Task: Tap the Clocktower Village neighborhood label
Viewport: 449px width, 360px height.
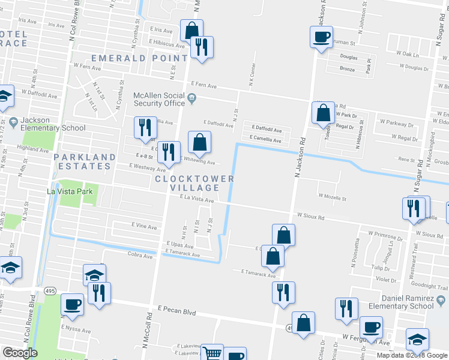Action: click(193, 183)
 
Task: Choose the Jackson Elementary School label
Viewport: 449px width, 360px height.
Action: click(53, 124)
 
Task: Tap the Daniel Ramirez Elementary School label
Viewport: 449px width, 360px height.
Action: click(405, 302)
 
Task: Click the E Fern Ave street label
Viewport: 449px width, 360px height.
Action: click(203, 86)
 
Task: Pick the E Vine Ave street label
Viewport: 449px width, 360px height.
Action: click(144, 227)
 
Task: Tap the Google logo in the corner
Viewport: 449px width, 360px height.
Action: click(20, 353)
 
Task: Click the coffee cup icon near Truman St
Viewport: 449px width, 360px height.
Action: click(320, 37)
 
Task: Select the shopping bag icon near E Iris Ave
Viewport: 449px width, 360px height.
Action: click(191, 30)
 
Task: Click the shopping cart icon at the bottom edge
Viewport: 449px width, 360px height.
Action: click(211, 353)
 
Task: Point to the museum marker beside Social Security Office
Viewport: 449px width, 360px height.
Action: click(191, 99)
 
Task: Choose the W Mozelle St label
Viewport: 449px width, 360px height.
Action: click(333, 196)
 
